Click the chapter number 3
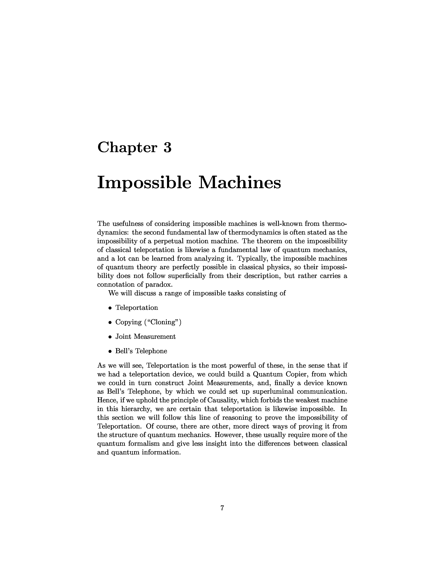point(167,147)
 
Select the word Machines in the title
point(239,183)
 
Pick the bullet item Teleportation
point(137,308)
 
